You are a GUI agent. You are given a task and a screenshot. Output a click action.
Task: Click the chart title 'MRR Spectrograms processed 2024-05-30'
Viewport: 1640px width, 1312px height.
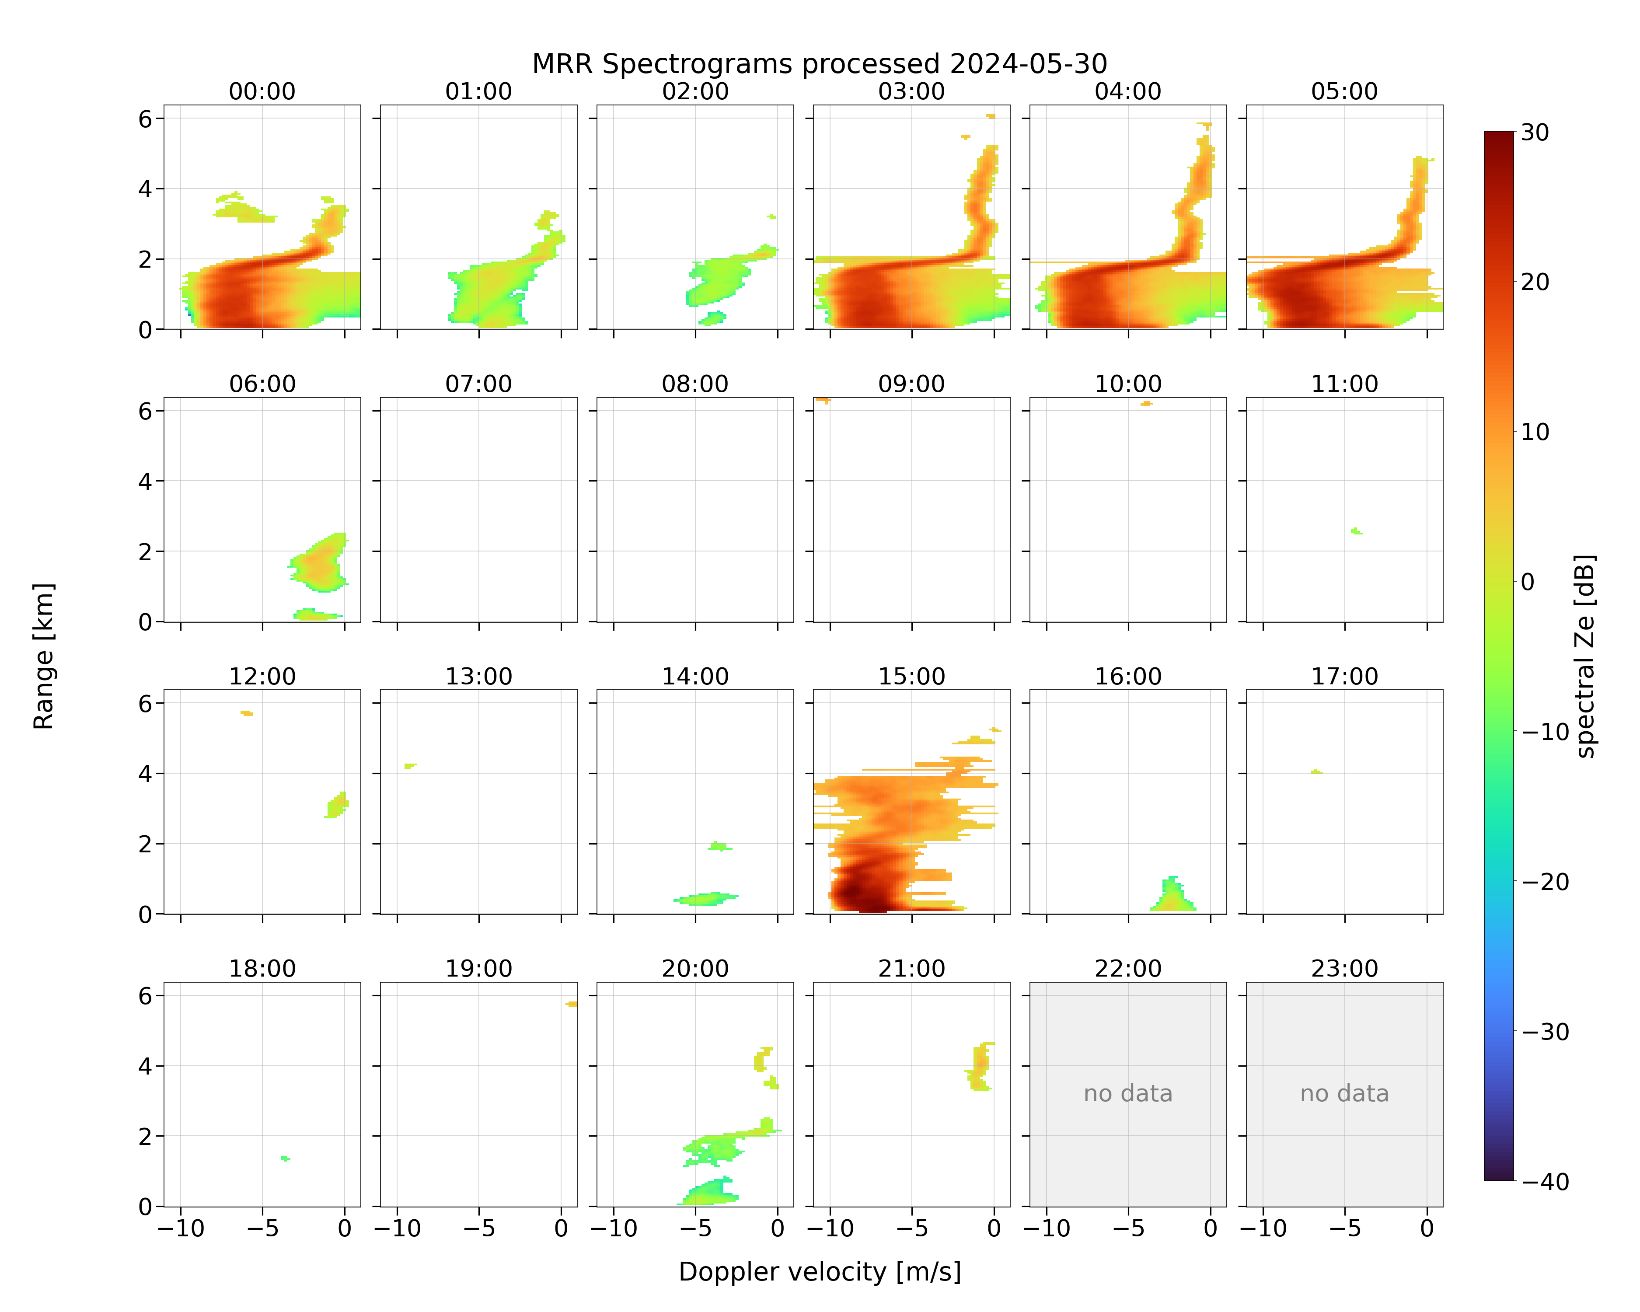(x=819, y=64)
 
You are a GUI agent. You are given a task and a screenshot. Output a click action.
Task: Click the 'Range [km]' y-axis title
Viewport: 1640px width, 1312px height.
(x=43, y=656)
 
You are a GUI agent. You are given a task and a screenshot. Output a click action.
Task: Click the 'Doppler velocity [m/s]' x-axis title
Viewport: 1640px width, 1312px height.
(x=819, y=1272)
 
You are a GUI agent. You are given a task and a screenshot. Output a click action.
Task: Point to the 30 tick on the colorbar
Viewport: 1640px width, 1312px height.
(x=1535, y=133)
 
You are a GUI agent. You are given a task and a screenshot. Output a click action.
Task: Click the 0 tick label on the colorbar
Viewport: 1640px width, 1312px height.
(x=1528, y=582)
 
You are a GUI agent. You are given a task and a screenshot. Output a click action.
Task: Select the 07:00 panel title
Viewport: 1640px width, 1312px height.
(x=478, y=384)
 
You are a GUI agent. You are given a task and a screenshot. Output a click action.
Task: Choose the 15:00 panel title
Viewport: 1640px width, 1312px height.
(x=911, y=676)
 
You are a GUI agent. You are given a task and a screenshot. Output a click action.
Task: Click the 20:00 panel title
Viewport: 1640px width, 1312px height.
(x=695, y=968)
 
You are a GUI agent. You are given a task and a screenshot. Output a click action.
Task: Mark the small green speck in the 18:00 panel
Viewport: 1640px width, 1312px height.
(x=285, y=1158)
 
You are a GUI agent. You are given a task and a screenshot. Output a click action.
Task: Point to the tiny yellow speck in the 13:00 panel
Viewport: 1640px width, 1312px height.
(x=410, y=766)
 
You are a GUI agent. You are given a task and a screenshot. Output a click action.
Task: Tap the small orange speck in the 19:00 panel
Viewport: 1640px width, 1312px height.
(x=571, y=1004)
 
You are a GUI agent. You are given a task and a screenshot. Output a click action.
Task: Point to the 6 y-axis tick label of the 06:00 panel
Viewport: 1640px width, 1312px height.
(x=145, y=412)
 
